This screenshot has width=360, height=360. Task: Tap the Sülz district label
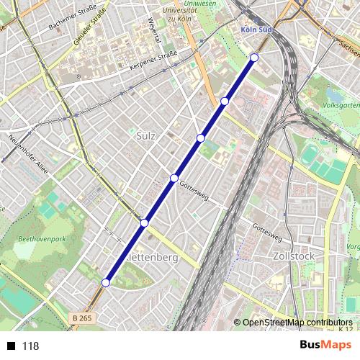click(x=146, y=134)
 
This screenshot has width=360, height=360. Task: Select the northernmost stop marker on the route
click(x=254, y=58)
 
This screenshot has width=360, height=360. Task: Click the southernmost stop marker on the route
click(x=106, y=283)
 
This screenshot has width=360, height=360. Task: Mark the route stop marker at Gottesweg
click(x=174, y=178)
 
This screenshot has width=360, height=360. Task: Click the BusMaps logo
click(x=325, y=345)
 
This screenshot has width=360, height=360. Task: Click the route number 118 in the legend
click(x=30, y=346)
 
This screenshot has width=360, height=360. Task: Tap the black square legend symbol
click(x=10, y=346)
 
